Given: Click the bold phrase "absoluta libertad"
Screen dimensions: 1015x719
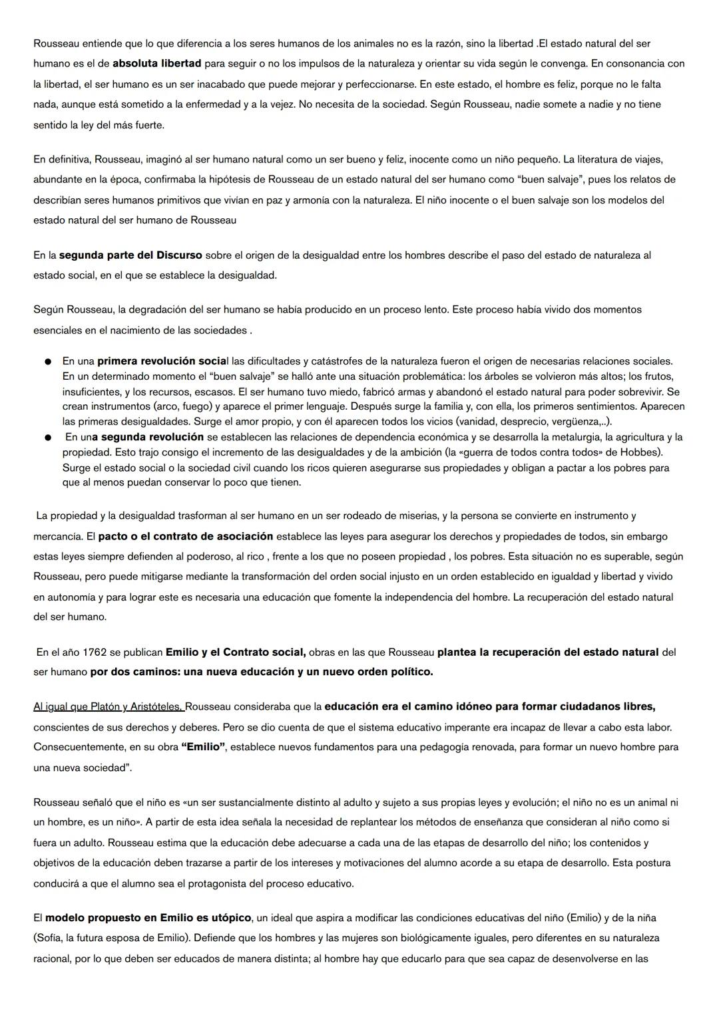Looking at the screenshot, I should click(x=157, y=64).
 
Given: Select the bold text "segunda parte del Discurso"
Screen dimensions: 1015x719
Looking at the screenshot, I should click(x=130, y=255).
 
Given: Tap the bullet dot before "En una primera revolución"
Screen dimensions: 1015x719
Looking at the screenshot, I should click(x=49, y=362).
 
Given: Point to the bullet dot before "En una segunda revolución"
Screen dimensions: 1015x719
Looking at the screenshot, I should click(x=49, y=438).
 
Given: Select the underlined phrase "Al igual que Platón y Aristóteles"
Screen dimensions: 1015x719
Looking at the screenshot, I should click(x=109, y=706).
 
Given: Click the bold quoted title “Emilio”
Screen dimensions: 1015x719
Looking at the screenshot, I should click(x=203, y=747).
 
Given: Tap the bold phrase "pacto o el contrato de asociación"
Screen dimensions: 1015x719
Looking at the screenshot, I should click(x=186, y=536).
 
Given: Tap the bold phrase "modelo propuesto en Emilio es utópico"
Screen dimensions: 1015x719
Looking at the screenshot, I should click(x=148, y=918).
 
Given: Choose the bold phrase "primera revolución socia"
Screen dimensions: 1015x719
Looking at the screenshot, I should click(x=162, y=362).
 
